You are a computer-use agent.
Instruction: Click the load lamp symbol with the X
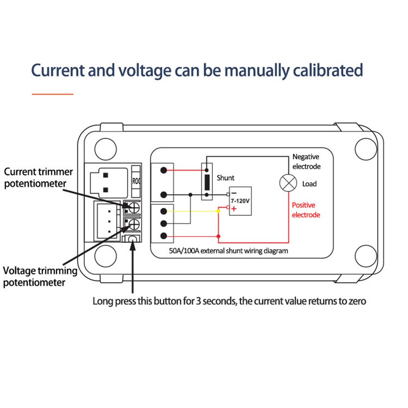288,184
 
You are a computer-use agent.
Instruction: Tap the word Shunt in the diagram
225,178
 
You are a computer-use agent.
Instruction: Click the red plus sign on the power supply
234,209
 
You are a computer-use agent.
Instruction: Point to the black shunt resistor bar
207,182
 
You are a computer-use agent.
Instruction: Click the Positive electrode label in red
306,210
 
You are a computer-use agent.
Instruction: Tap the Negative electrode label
306,161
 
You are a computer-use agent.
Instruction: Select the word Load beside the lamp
309,184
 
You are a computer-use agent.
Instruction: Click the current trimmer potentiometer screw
133,207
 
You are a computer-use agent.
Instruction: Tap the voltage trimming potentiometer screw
133,224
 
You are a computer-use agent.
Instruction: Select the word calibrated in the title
328,71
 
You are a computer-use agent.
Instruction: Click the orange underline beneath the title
53,93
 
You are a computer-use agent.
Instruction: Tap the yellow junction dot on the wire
218,211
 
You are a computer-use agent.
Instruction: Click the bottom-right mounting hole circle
365,254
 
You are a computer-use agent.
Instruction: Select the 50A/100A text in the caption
184,251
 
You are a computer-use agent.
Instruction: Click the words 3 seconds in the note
215,301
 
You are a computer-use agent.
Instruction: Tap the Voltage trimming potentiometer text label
40,276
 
